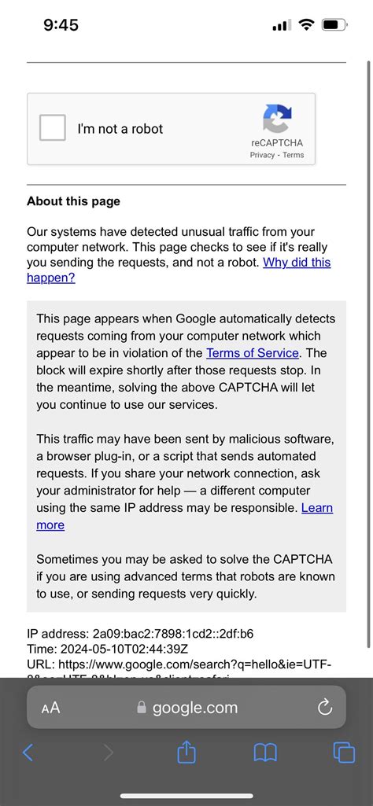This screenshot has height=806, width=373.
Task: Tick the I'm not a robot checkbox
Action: coord(53,128)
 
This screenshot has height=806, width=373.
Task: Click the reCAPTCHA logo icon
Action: coord(277,119)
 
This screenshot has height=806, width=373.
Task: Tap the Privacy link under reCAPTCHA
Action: coord(262,155)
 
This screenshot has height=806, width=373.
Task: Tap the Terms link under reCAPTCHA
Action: coord(294,155)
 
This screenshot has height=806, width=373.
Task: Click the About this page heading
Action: coord(73,201)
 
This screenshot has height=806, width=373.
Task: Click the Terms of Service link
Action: coord(253,353)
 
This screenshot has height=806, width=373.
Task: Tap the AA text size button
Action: coord(50,708)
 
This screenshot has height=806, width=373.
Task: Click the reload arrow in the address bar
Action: coord(324,708)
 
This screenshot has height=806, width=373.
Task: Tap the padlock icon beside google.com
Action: coord(142,708)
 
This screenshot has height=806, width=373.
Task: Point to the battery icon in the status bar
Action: coord(334,25)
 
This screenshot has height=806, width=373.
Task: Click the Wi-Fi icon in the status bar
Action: coord(305,25)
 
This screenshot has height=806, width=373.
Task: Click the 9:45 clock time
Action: coord(61,25)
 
